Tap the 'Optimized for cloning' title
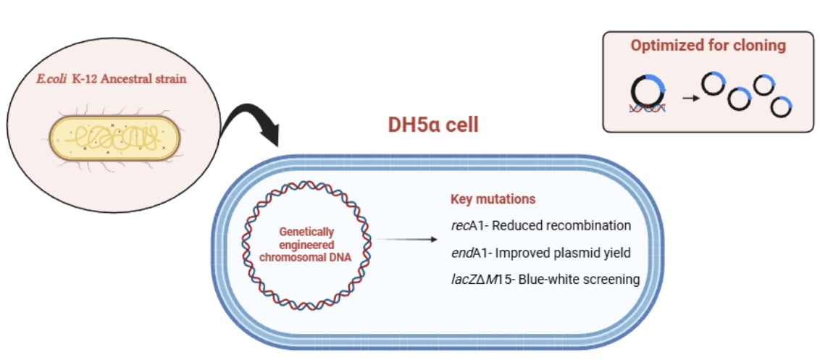(708, 46)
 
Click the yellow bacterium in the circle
(113, 137)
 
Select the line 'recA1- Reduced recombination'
(540, 226)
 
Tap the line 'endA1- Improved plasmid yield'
(540, 252)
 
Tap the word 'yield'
(615, 252)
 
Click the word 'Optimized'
(667, 46)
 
